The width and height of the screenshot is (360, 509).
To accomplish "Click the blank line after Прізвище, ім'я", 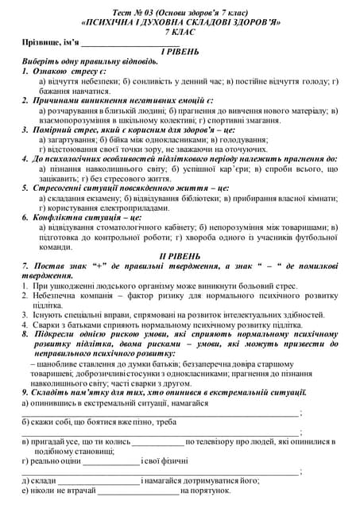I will [127, 44].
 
